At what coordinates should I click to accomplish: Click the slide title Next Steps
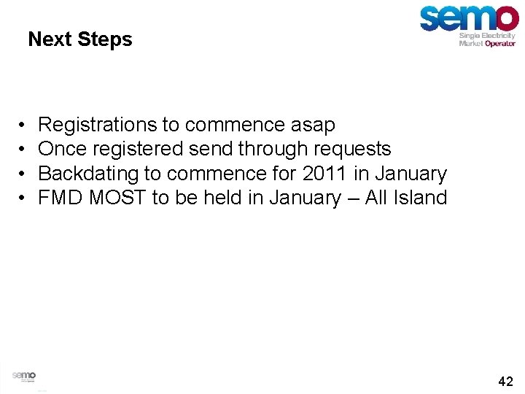[80, 39]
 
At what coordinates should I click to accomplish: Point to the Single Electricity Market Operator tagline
[487, 39]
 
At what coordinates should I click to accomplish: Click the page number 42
[505, 381]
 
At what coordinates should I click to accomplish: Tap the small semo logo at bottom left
[24, 376]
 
